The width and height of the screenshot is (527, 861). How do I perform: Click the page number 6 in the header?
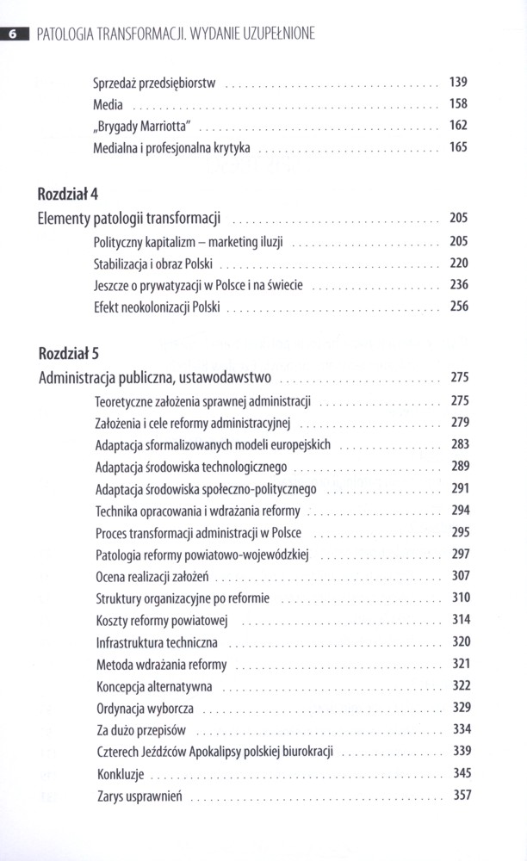(12, 35)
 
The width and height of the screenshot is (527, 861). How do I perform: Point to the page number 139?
(458, 83)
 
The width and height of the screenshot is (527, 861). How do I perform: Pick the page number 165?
(458, 147)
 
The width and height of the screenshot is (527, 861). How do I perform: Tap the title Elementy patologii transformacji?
(130, 218)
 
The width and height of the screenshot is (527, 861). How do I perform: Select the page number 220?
(458, 263)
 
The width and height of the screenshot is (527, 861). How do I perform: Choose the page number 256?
(458, 307)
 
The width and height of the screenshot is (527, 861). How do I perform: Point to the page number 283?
(460, 444)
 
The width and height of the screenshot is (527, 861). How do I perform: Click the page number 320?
(461, 641)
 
